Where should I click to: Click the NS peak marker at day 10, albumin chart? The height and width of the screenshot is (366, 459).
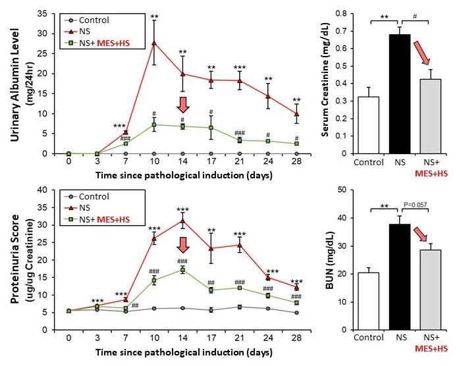coord(154,43)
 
